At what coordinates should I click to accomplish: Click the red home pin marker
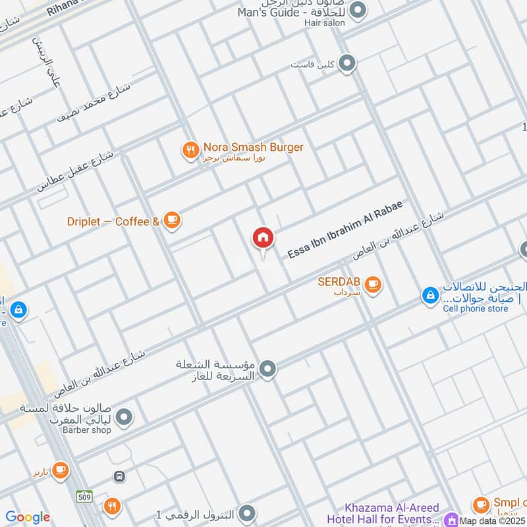pyautogui.click(x=263, y=238)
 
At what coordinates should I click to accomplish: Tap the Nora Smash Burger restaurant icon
pyautogui.click(x=190, y=151)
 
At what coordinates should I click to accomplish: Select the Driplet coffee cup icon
pyautogui.click(x=172, y=220)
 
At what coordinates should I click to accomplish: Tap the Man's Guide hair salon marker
pyautogui.click(x=358, y=10)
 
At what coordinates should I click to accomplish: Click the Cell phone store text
pyautogui.click(x=476, y=308)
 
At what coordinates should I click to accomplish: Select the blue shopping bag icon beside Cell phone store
pyautogui.click(x=430, y=296)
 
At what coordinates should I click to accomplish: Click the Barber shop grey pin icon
pyautogui.click(x=123, y=417)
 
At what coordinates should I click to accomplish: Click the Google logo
pyautogui.click(x=27, y=517)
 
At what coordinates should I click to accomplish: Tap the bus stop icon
pyautogui.click(x=119, y=476)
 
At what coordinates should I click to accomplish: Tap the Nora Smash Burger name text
pyautogui.click(x=254, y=148)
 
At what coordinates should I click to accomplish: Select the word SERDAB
pyautogui.click(x=339, y=281)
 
